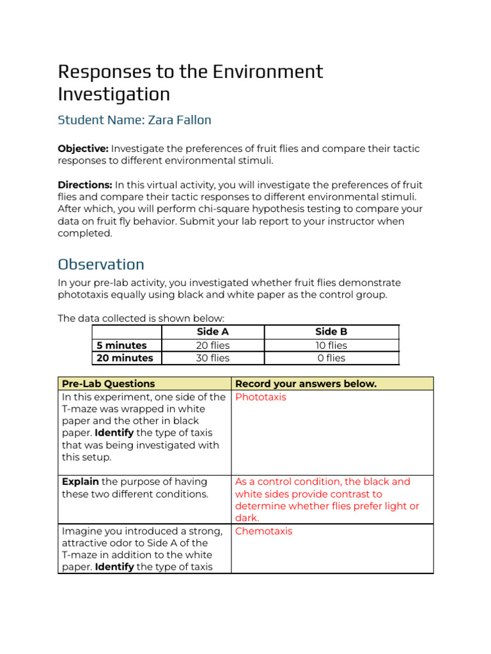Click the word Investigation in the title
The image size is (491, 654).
[x=114, y=95]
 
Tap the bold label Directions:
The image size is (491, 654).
[x=85, y=185]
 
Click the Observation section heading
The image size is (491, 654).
[x=101, y=264]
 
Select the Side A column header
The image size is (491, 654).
[x=212, y=332]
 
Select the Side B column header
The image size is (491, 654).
[x=331, y=332]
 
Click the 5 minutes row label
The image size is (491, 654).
[x=121, y=346]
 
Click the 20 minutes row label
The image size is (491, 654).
[x=125, y=358]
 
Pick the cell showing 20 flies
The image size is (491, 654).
[x=212, y=346]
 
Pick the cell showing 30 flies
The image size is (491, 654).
[x=212, y=358]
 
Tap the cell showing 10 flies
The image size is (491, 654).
[x=331, y=346]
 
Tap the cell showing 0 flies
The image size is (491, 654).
[x=331, y=358]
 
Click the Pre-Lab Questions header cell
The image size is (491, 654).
[x=108, y=384]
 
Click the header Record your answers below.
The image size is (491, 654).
[x=306, y=384]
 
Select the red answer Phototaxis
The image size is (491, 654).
[x=261, y=397]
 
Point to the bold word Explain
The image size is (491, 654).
[x=80, y=482]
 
